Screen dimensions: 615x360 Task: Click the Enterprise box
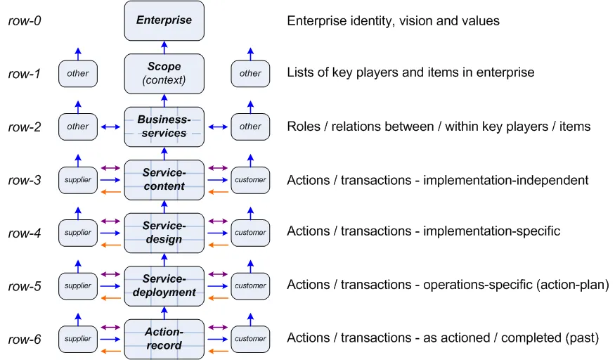pos(164,20)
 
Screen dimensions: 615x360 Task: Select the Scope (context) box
pos(164,74)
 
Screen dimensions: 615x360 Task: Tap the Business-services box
pos(164,127)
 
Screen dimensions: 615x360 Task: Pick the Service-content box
pos(164,180)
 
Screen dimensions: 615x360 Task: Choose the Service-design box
pos(164,233)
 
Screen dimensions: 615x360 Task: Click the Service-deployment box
pos(164,286)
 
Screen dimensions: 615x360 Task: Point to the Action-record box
pos(164,339)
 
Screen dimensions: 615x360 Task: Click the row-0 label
pos(25,20)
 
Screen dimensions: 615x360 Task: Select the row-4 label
pos(25,233)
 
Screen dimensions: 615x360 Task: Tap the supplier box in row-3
pos(77,180)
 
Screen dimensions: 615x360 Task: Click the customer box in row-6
pos(250,339)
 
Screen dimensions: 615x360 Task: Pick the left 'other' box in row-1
pos(77,74)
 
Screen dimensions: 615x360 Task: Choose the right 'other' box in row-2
pos(250,127)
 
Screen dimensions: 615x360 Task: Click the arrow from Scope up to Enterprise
pos(164,47)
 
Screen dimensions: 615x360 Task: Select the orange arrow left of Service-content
pos(110,192)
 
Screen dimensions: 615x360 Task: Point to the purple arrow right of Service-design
pos(218,221)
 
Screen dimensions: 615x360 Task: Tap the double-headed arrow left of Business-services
pos(110,127)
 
